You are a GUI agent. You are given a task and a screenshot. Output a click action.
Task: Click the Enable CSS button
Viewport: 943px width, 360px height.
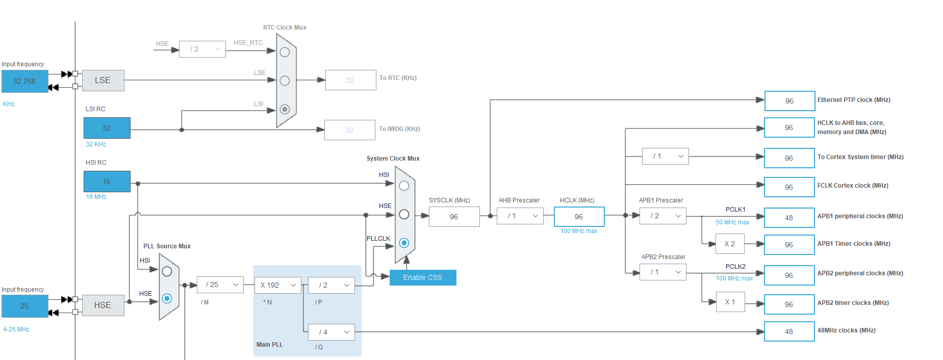422,277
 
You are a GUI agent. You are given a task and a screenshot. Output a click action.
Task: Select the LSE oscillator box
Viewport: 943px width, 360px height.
103,81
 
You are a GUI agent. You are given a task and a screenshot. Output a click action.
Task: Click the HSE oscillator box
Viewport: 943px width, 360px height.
103,305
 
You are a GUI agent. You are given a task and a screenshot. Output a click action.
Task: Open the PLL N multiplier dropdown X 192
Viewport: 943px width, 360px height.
277,285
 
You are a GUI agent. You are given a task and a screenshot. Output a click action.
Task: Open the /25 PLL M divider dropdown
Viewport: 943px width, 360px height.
220,285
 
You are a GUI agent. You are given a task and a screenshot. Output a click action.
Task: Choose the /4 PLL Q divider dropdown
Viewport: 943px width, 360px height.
331,332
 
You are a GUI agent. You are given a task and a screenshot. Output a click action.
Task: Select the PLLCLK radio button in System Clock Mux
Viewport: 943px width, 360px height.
404,243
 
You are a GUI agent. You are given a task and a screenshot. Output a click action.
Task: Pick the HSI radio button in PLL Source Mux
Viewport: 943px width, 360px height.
167,272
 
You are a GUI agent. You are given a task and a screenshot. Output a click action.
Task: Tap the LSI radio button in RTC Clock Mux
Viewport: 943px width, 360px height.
285,109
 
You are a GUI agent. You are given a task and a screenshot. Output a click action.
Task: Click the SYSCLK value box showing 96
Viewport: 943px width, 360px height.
454,217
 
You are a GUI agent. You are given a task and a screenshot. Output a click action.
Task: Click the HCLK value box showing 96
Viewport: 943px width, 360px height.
579,217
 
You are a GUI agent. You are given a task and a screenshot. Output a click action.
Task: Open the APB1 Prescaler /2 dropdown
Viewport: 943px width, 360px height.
662,216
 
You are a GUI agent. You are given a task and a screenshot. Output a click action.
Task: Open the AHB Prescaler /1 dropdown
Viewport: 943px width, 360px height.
520,216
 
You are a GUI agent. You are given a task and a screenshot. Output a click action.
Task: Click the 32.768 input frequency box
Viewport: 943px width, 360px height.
24,81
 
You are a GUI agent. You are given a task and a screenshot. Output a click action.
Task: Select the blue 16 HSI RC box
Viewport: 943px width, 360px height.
107,182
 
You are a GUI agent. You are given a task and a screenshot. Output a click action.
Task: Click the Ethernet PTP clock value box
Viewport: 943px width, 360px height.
789,101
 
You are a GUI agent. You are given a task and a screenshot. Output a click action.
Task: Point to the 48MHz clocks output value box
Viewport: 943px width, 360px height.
789,331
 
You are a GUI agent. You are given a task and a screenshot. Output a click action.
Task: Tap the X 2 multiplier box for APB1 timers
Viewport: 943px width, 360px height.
730,244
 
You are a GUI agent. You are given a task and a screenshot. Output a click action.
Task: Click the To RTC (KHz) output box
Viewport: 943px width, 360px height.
350,80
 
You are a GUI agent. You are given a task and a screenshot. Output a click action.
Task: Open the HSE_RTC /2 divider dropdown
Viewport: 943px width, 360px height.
202,49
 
